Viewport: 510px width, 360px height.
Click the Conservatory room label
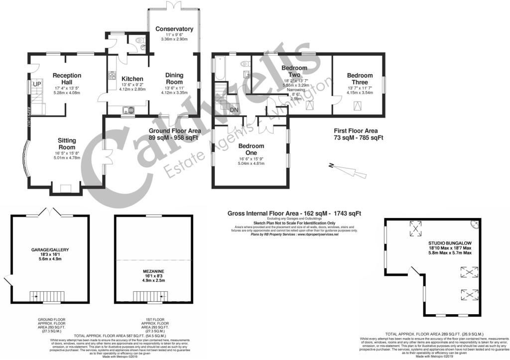pyautogui.click(x=174, y=29)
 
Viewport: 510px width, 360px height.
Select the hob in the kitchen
pyautogui.click(x=111, y=77)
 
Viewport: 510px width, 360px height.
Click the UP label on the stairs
pyautogui.click(x=36, y=84)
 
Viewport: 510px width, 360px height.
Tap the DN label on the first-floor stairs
pyautogui.click(x=234, y=110)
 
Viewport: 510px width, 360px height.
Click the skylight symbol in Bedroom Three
pyautogui.click(x=358, y=106)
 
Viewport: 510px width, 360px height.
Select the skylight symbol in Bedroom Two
pyautogui.click(x=310, y=106)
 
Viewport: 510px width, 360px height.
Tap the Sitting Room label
pyautogui.click(x=67, y=144)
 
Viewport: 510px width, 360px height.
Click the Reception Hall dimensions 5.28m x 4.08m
pyautogui.click(x=67, y=93)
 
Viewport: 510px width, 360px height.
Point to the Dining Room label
pyautogui.click(x=174, y=79)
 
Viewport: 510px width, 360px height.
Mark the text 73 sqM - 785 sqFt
pyautogui.click(x=358, y=137)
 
